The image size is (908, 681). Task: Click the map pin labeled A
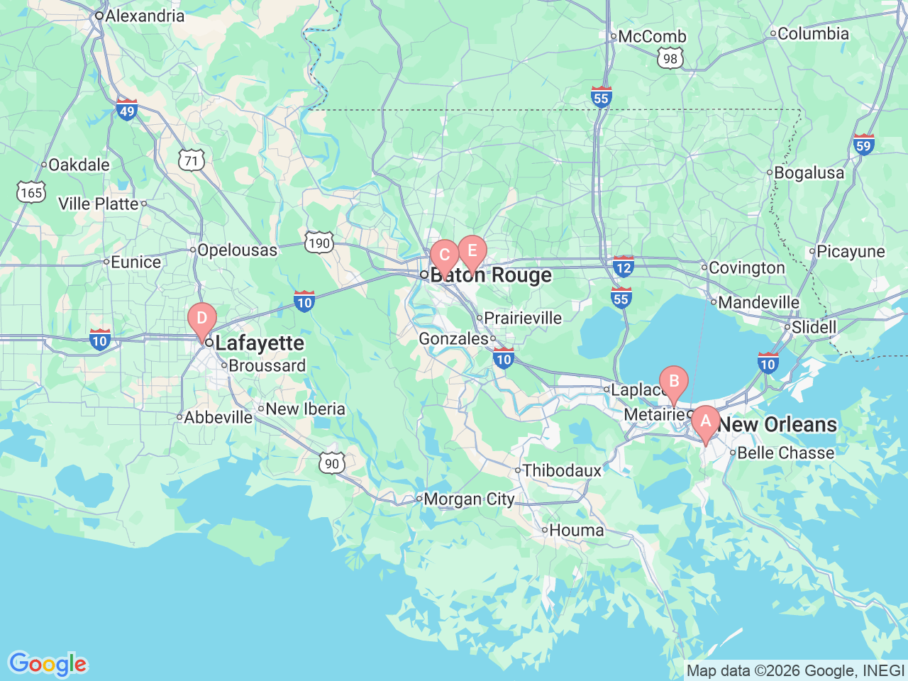point(705,421)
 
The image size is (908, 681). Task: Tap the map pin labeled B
point(674,382)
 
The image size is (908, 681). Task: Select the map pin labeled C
point(445,256)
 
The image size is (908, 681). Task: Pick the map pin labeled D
point(201,318)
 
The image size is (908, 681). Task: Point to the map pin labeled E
point(472,251)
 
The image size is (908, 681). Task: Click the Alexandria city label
point(145,16)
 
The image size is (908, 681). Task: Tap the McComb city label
point(652,36)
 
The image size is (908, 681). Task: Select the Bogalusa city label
point(809,172)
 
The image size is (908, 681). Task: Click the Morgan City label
point(469,499)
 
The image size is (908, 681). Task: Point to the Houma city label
point(576,530)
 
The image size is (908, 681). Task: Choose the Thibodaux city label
point(562,470)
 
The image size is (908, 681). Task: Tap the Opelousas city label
point(237,250)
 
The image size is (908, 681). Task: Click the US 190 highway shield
point(319,243)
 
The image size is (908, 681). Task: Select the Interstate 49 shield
point(127,110)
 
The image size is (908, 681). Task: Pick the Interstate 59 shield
point(863,145)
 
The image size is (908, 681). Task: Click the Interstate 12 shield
point(623,267)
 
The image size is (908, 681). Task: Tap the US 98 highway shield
point(670,59)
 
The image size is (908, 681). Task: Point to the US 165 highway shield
point(31,192)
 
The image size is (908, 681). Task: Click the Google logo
point(48,664)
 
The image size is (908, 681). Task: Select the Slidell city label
point(814,327)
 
